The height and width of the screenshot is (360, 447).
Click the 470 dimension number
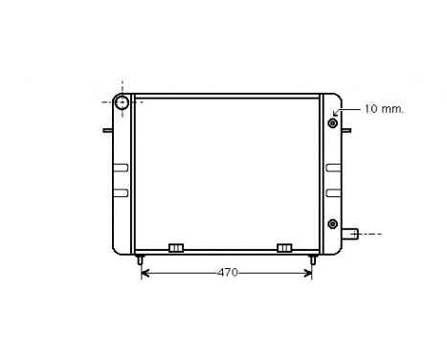227,273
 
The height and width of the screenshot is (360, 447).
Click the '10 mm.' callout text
382,109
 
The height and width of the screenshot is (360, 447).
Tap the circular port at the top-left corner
123,102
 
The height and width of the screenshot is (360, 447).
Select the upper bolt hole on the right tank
333,123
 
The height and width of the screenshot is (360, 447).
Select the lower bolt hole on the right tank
333,224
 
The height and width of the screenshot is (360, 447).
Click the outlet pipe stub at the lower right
351,233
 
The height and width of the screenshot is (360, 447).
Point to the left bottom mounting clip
175,248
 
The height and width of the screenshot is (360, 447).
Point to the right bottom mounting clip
284,248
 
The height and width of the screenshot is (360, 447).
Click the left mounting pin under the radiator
141,259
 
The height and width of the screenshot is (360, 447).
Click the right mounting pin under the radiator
313,259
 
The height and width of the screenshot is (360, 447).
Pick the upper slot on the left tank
120,169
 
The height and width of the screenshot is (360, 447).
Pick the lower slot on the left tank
120,192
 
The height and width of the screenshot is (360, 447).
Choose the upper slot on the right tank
334,169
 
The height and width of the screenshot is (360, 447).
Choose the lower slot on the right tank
334,192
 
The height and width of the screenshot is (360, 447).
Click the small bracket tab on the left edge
108,130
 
